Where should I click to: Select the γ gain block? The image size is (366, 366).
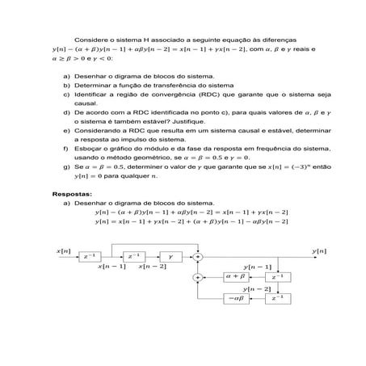pyautogui.click(x=171, y=256)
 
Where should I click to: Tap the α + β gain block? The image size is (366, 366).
pyautogui.click(x=237, y=276)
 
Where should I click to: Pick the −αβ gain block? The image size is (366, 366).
pyautogui.click(x=237, y=298)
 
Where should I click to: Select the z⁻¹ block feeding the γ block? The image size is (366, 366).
pyautogui.click(x=133, y=256)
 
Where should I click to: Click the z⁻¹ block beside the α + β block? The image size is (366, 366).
pyautogui.click(x=277, y=276)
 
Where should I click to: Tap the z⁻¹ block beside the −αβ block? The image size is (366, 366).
pyautogui.click(x=277, y=298)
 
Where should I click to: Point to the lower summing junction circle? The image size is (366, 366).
pyautogui.click(x=196, y=277)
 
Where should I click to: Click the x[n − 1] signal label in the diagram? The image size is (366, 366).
pyautogui.click(x=111, y=266)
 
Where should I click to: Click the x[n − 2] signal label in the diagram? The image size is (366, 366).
pyautogui.click(x=152, y=266)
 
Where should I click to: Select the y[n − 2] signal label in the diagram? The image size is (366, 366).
pyautogui.click(x=257, y=288)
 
